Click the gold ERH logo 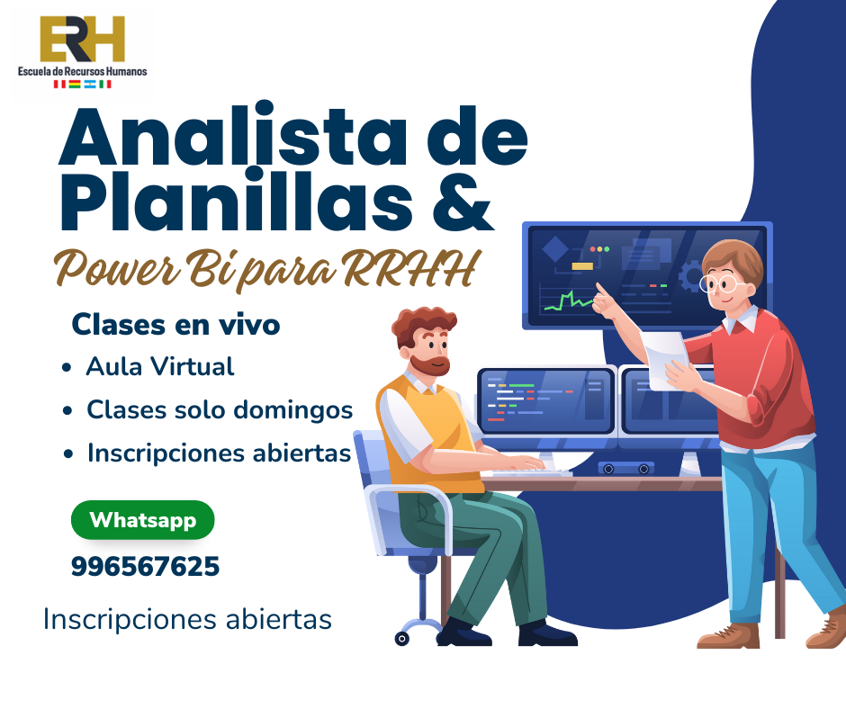(83, 39)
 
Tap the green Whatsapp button (143, 520)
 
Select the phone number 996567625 (145, 567)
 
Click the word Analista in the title (232, 136)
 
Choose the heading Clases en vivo (175, 325)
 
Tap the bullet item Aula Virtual (160, 367)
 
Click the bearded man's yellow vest (432, 432)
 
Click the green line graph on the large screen (569, 301)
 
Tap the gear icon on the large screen (690, 276)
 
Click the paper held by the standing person (666, 360)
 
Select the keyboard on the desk (531, 472)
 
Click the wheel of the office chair (402, 639)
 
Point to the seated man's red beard (430, 365)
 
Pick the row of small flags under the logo (82, 85)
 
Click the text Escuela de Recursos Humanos (82, 71)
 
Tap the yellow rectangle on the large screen (582, 266)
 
